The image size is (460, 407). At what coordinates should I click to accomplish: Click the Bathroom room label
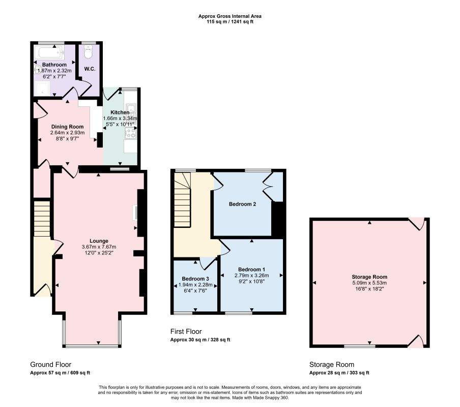click(x=54, y=65)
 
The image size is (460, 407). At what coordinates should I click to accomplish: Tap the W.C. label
click(x=90, y=69)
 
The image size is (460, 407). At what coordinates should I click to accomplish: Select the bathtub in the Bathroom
click(x=49, y=53)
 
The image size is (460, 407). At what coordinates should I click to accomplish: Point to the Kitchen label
click(x=120, y=112)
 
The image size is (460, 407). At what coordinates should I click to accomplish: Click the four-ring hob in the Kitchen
click(x=130, y=133)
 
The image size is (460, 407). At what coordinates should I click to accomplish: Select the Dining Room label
click(x=68, y=127)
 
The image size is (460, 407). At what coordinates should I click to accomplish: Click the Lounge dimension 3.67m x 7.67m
click(x=99, y=247)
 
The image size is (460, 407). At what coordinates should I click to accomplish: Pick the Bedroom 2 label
click(x=243, y=204)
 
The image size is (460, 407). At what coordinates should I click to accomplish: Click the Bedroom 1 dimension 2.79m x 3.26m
click(x=252, y=275)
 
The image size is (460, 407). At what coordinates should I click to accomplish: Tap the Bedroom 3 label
click(x=195, y=279)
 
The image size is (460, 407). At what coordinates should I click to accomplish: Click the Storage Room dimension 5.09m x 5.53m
click(x=369, y=283)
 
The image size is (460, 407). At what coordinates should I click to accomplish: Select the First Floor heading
click(x=186, y=331)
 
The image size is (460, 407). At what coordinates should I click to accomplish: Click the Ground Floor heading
click(x=51, y=364)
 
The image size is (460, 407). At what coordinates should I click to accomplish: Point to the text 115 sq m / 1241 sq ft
click(x=230, y=22)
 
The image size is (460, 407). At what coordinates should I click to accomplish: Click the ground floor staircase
click(x=42, y=218)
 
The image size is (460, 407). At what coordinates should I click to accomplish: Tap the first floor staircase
click(x=183, y=200)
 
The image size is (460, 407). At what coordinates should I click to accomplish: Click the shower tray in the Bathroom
click(x=43, y=89)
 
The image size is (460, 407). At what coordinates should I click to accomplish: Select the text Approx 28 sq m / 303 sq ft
click(x=339, y=373)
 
